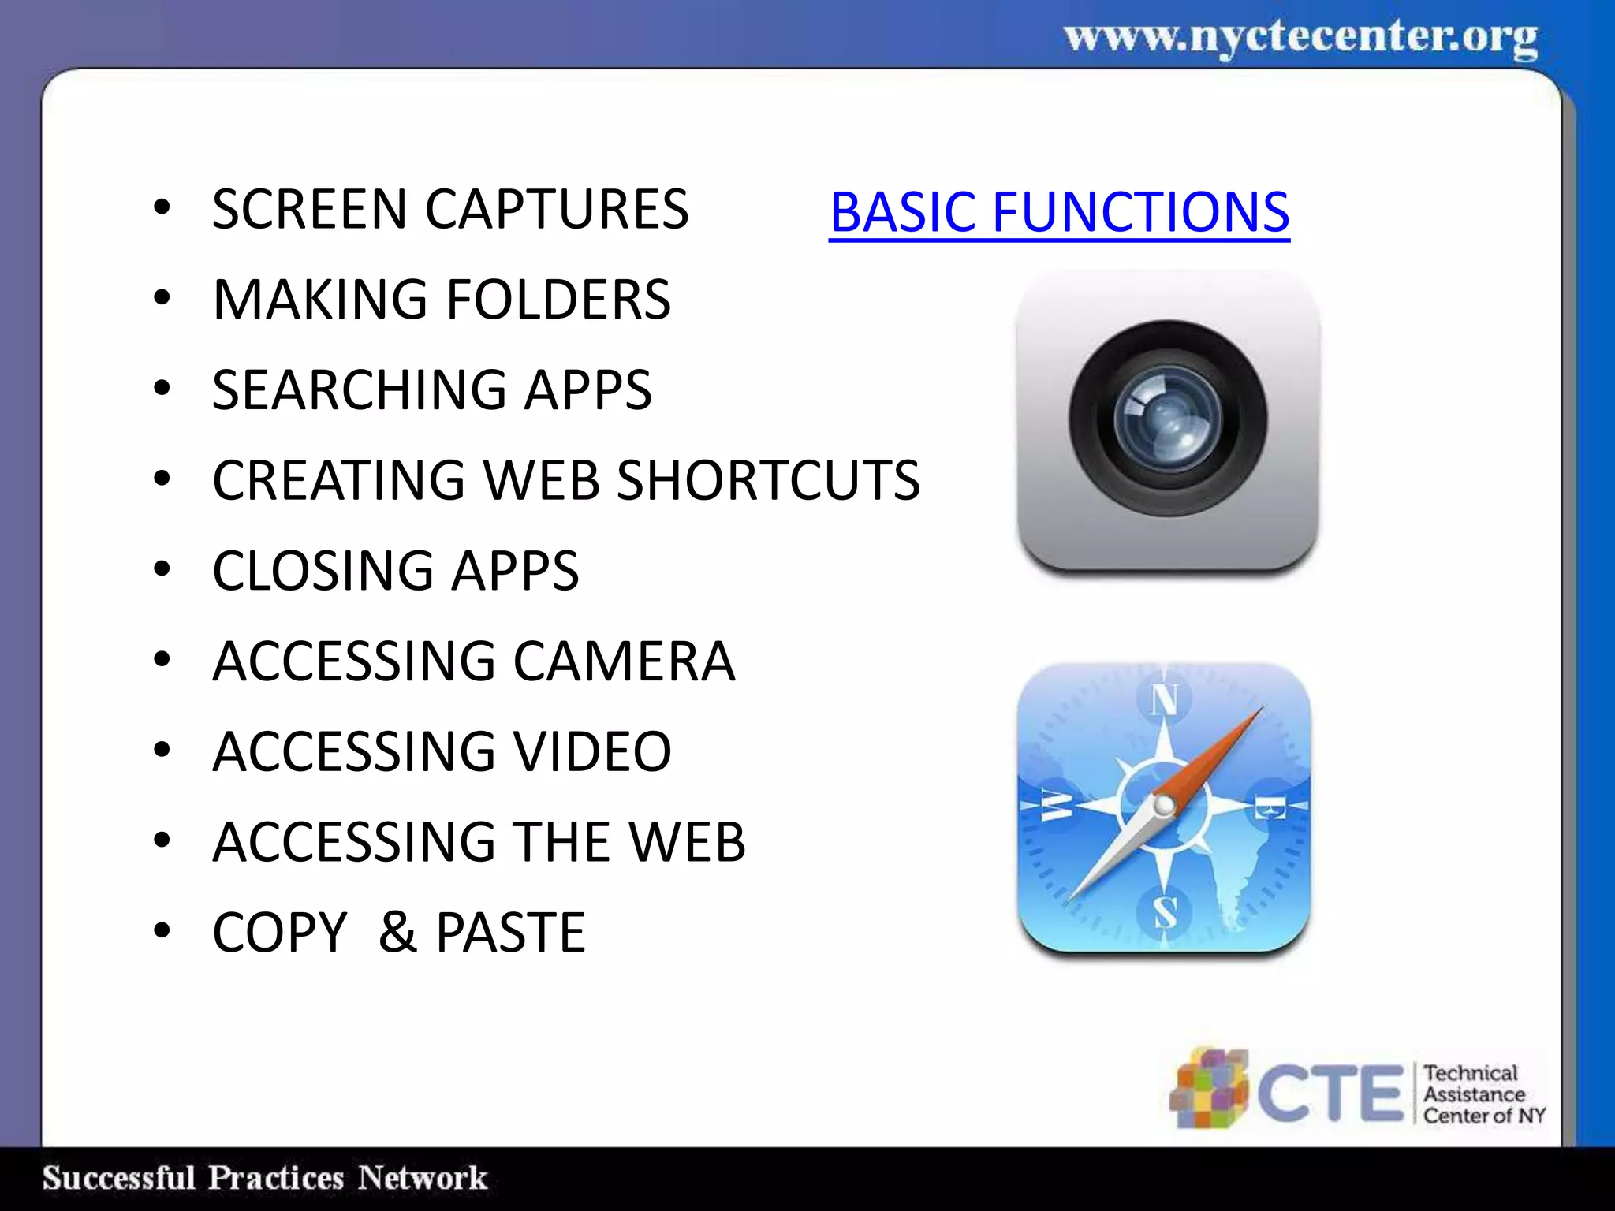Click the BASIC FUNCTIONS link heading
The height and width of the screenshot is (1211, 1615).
1059,212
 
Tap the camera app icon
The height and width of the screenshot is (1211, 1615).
1168,419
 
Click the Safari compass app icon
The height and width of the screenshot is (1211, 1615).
1165,808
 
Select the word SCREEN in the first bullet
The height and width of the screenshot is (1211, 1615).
309,210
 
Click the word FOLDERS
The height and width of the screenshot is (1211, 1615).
558,300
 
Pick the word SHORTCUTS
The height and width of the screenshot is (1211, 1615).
767,480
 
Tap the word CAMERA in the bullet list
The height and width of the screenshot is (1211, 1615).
624,661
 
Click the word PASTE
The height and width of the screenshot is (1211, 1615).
510,933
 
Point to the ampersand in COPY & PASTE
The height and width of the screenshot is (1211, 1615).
397,933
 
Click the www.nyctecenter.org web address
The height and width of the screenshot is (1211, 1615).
1300,38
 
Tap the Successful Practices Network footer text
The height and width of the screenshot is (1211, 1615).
265,1178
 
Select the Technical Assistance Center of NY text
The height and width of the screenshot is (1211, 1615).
1483,1094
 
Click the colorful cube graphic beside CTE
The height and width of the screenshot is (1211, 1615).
1208,1090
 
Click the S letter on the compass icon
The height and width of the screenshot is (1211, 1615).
1165,913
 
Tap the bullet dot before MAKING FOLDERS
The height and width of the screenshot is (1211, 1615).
162,298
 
